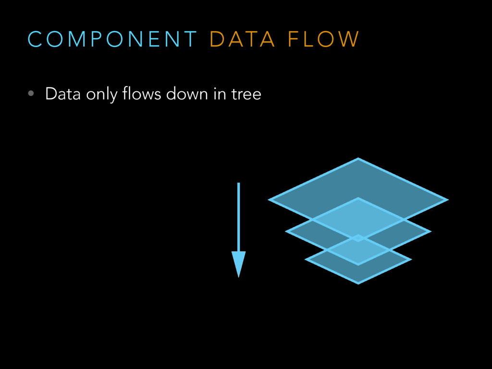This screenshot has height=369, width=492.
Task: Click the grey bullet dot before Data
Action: point(31,94)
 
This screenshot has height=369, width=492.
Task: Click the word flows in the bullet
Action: point(142,94)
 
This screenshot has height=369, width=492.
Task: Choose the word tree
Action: point(246,94)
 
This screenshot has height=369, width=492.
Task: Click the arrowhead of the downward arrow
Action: point(238,263)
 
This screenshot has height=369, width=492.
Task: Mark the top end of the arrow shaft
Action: point(238,184)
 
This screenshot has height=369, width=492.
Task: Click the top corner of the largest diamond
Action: point(358,159)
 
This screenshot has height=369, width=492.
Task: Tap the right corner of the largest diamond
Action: point(446,199)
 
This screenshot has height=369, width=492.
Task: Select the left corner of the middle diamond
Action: point(287,231)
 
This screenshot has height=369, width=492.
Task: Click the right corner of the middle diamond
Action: point(429,231)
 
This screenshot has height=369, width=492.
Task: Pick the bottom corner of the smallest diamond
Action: point(358,283)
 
